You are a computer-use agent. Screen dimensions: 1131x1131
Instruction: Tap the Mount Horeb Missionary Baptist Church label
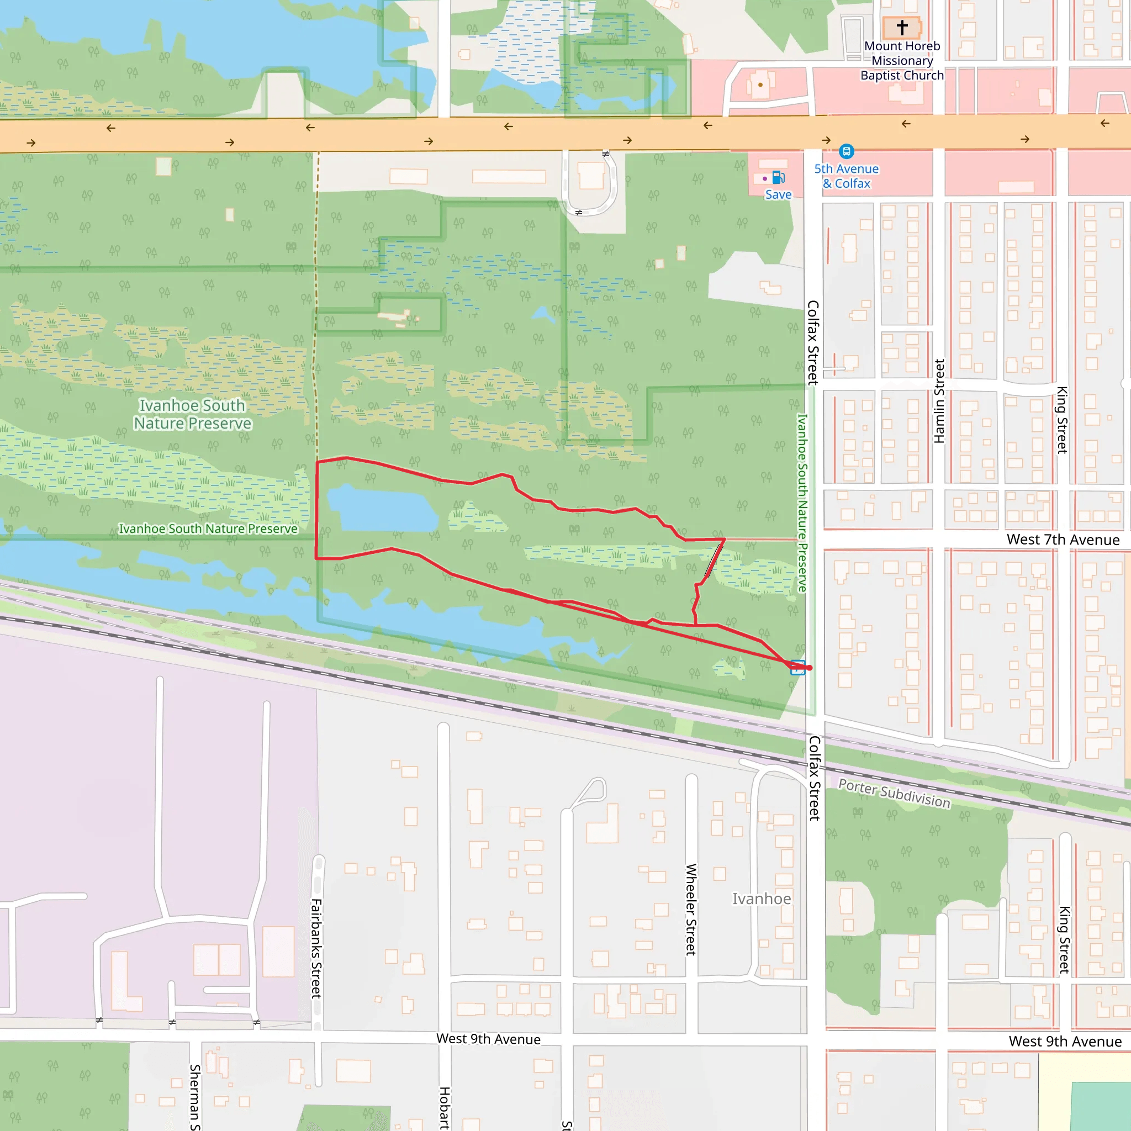coord(902,61)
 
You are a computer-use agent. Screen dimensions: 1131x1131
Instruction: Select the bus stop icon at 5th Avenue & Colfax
coord(846,152)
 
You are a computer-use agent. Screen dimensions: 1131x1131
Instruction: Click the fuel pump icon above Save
coord(778,177)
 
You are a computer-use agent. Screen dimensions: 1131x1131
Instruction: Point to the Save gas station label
coord(778,195)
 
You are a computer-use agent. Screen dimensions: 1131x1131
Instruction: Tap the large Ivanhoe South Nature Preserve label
coord(193,415)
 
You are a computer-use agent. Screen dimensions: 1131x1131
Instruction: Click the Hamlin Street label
coord(939,401)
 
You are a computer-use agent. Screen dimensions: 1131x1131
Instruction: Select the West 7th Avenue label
coord(1063,540)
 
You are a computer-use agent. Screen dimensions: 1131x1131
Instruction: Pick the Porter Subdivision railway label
coord(894,794)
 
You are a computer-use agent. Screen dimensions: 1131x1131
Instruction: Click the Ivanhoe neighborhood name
coord(762,899)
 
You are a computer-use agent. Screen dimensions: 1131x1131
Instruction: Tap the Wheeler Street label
coord(691,909)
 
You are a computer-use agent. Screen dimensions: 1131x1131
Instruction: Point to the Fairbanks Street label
coord(316,948)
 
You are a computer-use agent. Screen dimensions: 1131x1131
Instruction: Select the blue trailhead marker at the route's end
coord(797,667)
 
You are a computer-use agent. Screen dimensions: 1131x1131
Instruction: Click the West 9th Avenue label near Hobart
coord(488,1039)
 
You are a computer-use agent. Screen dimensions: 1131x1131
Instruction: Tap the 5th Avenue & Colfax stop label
coord(846,176)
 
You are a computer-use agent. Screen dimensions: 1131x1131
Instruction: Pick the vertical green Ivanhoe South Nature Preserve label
coord(802,504)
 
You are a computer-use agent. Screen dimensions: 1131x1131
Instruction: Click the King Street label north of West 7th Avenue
coord(1062,420)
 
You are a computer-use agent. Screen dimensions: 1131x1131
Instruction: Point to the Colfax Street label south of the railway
coord(815,778)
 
